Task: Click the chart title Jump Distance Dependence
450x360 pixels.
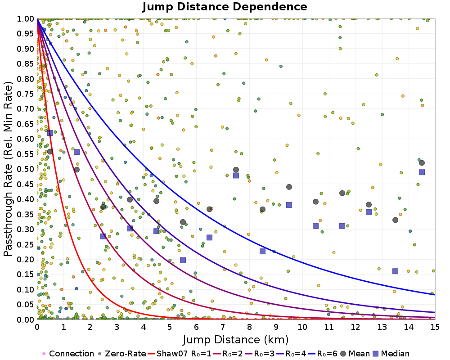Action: [225, 7]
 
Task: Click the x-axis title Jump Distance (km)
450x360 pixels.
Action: [236, 339]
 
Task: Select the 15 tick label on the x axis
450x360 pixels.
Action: [435, 327]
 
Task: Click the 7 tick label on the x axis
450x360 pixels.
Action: [223, 327]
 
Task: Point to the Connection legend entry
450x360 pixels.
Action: [68, 354]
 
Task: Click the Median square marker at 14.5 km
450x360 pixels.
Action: [422, 172]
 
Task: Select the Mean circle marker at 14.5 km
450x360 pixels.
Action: [422, 163]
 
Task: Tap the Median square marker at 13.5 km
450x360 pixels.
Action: [395, 271]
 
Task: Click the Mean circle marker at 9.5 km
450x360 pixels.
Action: [289, 187]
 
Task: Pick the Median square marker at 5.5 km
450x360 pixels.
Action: [183, 260]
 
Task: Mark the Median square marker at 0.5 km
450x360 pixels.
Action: [50, 133]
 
